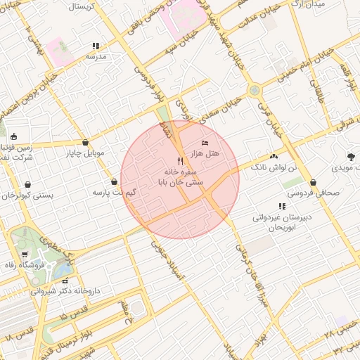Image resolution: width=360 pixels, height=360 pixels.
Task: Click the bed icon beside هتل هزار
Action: click(x=205, y=143)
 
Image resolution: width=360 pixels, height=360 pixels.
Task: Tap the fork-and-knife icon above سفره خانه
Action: click(x=181, y=161)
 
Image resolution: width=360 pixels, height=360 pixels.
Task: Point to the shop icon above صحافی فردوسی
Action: click(x=312, y=182)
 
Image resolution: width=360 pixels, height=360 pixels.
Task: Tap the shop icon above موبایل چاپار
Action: click(x=85, y=142)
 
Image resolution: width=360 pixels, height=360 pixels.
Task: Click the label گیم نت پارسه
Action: click(x=115, y=192)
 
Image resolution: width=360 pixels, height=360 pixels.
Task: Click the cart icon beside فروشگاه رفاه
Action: click(x=25, y=255)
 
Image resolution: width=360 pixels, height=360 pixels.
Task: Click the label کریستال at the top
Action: click(x=83, y=6)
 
